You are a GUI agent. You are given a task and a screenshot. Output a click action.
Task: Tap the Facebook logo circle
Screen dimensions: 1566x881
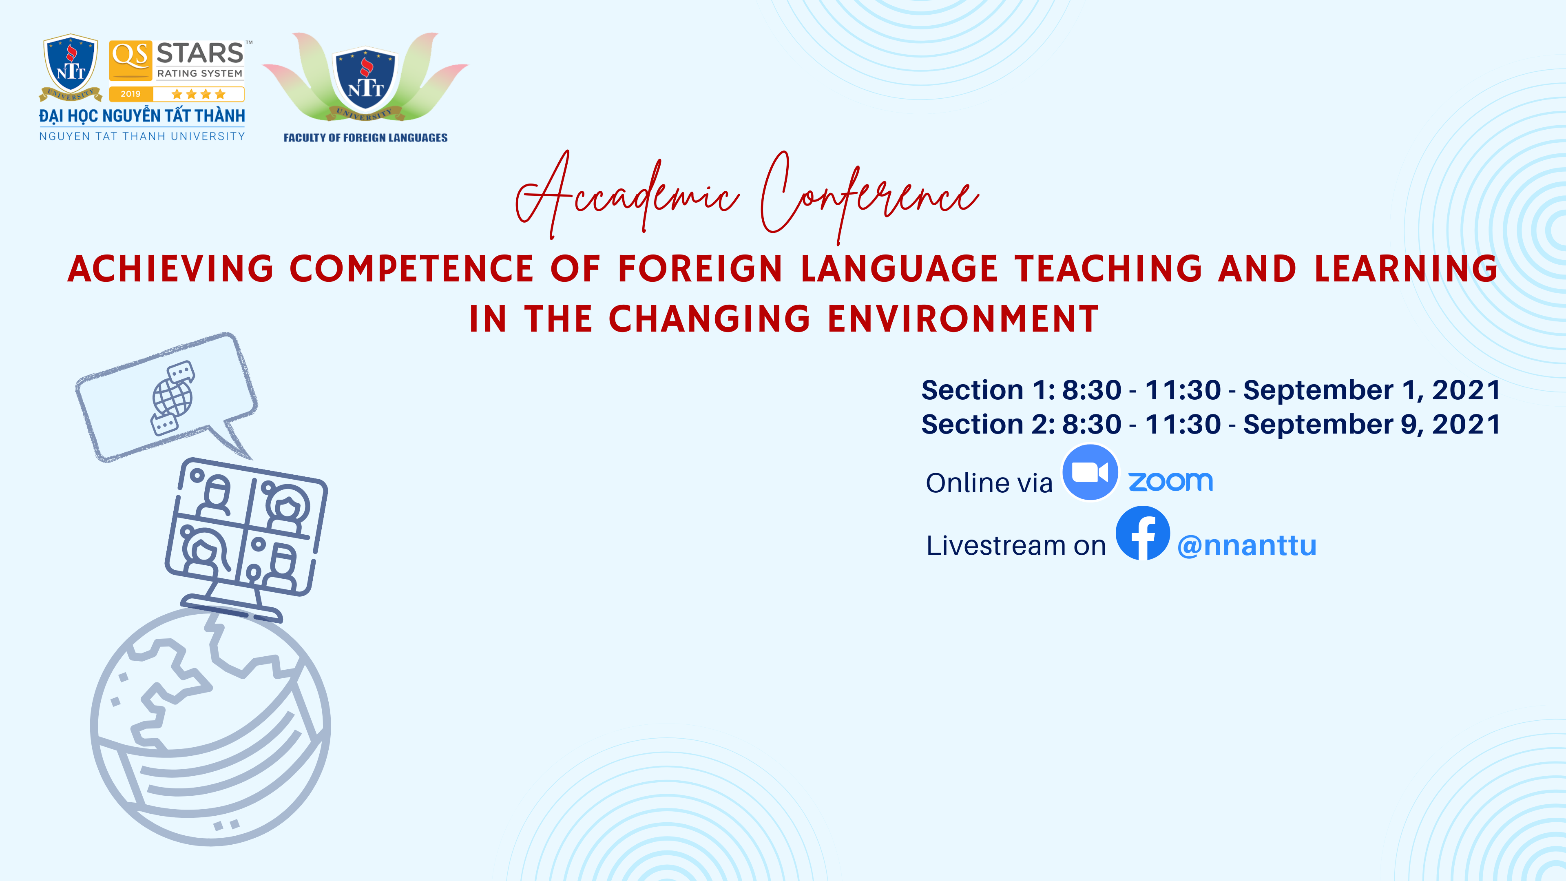(1142, 533)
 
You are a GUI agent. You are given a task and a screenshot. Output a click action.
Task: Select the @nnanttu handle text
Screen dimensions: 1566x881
(1247, 545)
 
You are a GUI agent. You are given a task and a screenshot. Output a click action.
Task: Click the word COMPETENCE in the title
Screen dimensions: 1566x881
(411, 269)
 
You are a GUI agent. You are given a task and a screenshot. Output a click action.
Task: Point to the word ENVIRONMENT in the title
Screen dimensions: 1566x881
(964, 319)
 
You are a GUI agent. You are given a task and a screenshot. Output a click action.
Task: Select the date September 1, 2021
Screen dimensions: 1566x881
(1371, 390)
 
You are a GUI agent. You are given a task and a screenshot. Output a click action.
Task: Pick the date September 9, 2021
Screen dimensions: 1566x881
(1371, 424)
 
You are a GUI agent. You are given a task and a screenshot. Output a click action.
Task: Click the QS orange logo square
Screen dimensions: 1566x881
(130, 60)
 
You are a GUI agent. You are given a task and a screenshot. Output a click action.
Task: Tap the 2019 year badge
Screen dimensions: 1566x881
(130, 94)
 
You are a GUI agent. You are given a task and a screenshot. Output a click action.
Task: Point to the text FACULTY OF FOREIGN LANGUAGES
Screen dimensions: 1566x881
(365, 138)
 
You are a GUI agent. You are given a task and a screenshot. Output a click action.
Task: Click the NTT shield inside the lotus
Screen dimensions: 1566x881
(365, 79)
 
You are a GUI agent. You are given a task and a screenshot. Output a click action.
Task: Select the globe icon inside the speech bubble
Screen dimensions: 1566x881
(173, 398)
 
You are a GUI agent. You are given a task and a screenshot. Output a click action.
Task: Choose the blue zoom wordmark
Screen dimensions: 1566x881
(1170, 482)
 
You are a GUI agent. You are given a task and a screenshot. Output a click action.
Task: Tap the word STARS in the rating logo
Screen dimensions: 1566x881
(200, 53)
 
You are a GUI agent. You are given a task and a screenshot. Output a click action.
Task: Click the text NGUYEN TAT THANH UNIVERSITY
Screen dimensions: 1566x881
(142, 136)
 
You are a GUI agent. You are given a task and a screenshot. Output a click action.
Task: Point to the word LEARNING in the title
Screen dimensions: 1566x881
(1406, 269)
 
